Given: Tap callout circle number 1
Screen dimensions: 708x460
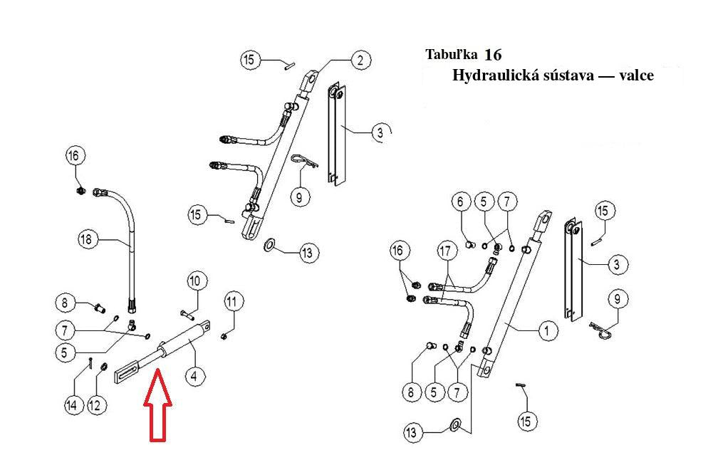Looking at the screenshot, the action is click(547, 330).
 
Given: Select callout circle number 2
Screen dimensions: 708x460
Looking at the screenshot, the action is click(360, 60).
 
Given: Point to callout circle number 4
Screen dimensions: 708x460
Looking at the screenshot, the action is click(194, 375).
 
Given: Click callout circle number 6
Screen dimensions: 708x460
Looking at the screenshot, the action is click(460, 201).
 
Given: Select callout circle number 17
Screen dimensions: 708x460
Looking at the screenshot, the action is click(446, 251).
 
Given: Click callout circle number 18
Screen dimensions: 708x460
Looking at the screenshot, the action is click(85, 239).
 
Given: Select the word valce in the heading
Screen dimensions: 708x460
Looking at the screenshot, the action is click(636, 75).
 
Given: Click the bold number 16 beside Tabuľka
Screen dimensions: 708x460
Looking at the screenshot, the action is click(493, 55).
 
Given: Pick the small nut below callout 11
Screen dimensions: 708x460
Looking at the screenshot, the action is click(224, 336).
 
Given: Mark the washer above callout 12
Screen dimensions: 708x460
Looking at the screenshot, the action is click(103, 366).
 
